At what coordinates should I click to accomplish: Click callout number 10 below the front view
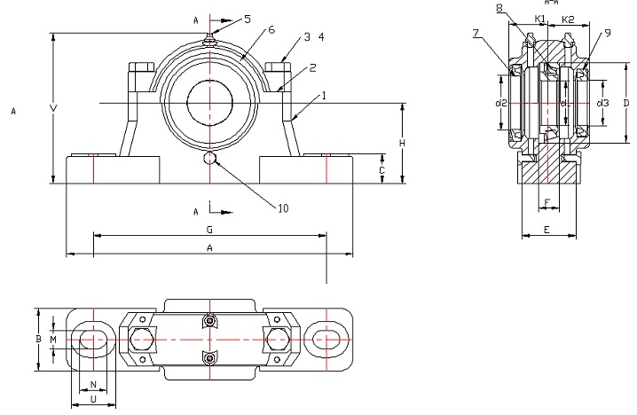click(283, 209)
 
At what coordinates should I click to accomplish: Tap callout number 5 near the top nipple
click(248, 19)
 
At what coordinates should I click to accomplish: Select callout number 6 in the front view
click(271, 30)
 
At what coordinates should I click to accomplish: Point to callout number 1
click(325, 95)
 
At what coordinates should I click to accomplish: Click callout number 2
click(312, 67)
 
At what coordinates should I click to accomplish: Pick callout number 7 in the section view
click(476, 34)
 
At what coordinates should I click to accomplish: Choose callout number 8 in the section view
click(500, 8)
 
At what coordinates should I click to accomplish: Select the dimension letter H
click(402, 144)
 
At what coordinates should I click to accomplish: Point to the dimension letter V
click(54, 109)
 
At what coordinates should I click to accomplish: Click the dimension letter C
click(381, 168)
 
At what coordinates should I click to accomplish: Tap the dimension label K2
click(570, 20)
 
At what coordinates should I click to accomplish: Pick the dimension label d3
click(602, 103)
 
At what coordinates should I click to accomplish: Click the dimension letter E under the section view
click(547, 230)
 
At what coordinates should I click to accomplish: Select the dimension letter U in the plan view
click(93, 400)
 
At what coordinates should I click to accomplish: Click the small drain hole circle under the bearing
click(211, 158)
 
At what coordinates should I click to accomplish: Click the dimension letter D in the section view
click(626, 103)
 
